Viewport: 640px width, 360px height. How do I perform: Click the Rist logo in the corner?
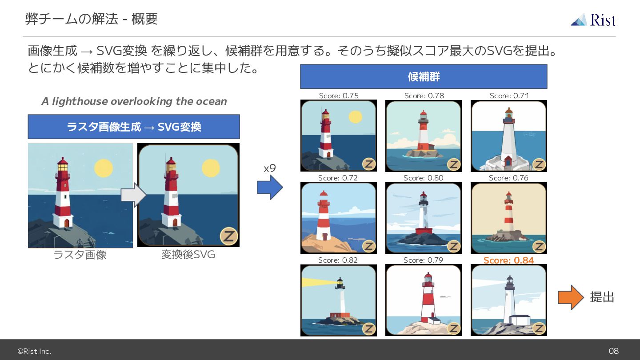tap(593, 20)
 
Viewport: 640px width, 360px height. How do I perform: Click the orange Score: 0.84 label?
tap(508, 260)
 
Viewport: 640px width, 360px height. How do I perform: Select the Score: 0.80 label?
tap(424, 178)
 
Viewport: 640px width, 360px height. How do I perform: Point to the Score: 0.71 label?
tap(509, 96)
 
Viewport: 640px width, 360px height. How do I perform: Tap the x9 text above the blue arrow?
tap(270, 168)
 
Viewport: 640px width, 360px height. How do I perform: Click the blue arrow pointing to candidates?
tap(270, 188)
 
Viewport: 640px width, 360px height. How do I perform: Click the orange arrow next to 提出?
tap(571, 297)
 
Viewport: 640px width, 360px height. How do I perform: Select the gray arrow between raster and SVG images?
tap(134, 195)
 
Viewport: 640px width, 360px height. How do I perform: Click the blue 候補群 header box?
tap(424, 76)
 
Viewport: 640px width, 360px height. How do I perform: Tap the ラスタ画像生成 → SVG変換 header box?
tap(134, 127)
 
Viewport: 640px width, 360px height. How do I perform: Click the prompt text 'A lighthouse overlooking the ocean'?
tap(134, 101)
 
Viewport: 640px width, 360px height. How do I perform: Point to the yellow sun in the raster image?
tap(104, 168)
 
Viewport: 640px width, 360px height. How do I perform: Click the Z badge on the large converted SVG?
tap(229, 236)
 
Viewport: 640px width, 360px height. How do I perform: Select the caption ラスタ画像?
tap(80, 255)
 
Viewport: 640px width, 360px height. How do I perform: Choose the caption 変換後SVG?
tap(188, 254)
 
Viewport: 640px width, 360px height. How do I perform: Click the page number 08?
tap(613, 351)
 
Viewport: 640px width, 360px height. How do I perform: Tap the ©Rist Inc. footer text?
tap(35, 351)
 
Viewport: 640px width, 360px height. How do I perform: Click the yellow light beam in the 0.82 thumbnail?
tap(319, 283)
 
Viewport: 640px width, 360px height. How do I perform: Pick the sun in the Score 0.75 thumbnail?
tap(356, 117)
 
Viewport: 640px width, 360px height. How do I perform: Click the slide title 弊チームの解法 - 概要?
tap(92, 19)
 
